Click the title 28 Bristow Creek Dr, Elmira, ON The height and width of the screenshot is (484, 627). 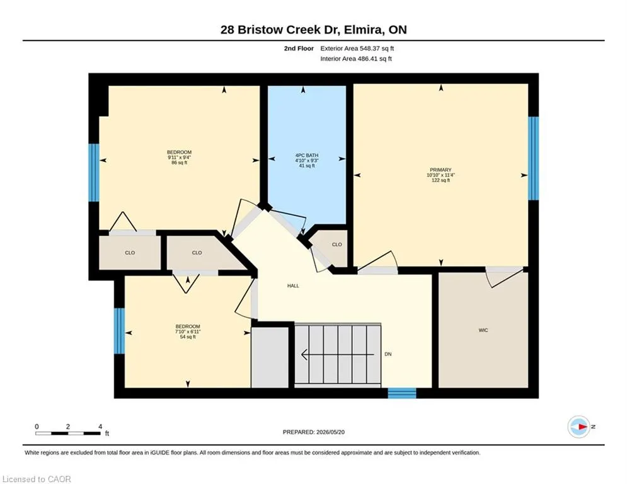click(314, 30)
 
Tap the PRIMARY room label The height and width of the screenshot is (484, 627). click(440, 170)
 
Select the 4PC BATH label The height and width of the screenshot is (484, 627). click(307, 155)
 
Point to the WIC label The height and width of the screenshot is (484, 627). click(483, 330)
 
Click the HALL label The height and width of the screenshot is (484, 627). click(293, 285)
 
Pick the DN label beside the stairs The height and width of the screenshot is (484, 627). click(388, 354)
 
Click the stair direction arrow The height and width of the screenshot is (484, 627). click(338, 354)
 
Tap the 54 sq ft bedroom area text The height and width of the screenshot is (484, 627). click(188, 337)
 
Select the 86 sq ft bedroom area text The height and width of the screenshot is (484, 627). click(179, 163)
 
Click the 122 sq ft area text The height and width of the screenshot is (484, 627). click(440, 180)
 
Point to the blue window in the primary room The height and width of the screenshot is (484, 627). click(534, 158)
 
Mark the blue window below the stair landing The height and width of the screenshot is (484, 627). click(402, 393)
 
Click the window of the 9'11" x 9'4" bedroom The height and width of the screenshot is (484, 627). click(93, 173)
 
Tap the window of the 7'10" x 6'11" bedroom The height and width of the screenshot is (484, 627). click(119, 331)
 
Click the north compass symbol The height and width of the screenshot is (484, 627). click(579, 427)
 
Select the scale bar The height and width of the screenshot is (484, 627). click(68, 433)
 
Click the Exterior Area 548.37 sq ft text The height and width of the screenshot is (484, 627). click(357, 49)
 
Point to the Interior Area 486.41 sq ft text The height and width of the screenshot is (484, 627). click(356, 59)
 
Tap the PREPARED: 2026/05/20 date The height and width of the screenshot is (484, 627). click(314, 432)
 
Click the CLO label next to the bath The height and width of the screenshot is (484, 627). click(337, 245)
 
